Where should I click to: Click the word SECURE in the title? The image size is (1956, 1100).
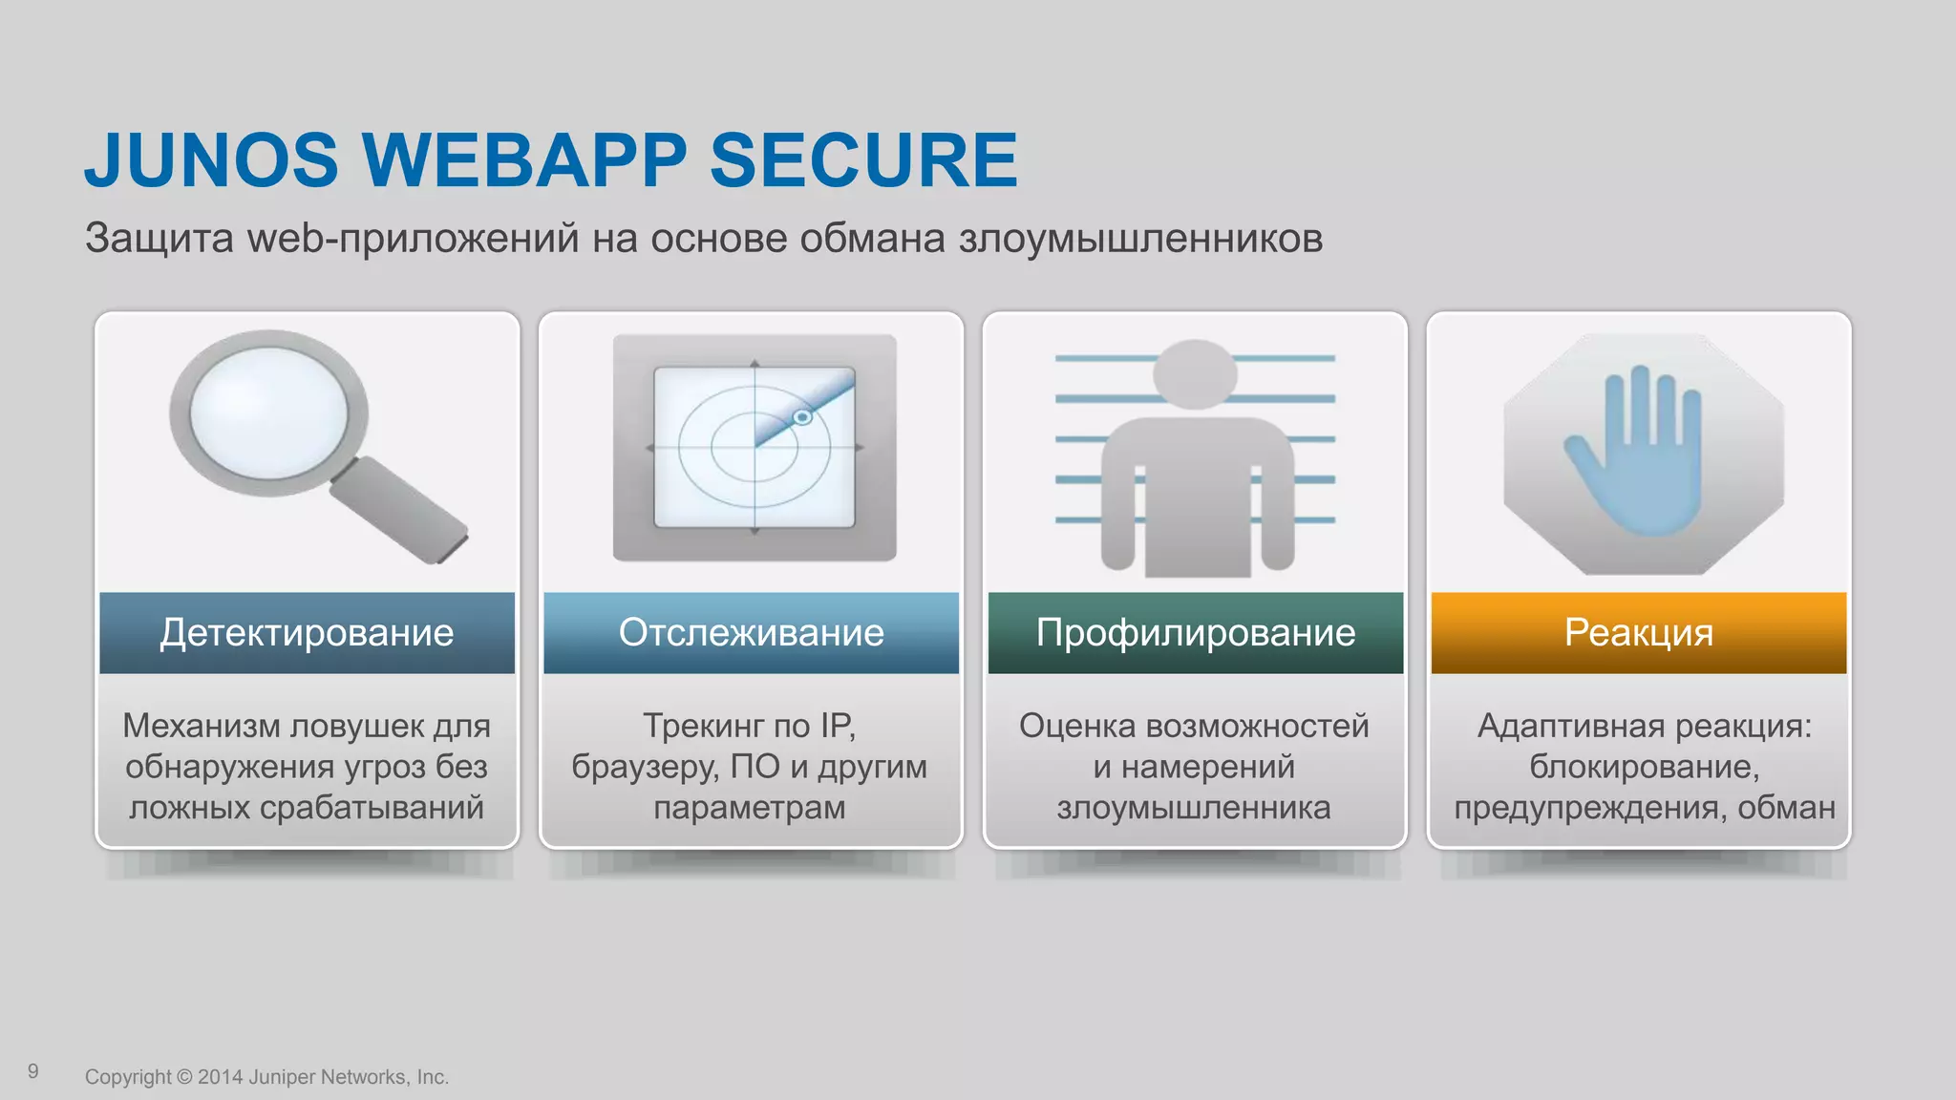pyautogui.click(x=863, y=159)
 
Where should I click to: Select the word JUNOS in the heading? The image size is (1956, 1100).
pyautogui.click(x=211, y=159)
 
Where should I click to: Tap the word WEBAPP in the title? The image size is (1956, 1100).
pyautogui.click(x=523, y=159)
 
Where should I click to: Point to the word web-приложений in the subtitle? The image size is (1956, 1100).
pyautogui.click(x=413, y=239)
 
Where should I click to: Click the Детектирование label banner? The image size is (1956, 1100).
pyautogui.click(x=307, y=633)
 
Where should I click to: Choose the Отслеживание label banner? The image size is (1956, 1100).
pyautogui.click(x=751, y=633)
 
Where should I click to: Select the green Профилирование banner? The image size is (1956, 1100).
pyautogui.click(x=1195, y=633)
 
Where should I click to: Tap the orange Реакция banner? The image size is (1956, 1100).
pyautogui.click(x=1638, y=633)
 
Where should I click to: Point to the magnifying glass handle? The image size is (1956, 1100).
pyautogui.click(x=400, y=511)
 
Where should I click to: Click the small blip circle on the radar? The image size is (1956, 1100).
pyautogui.click(x=802, y=417)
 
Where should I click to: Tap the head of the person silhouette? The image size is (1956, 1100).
pyautogui.click(x=1195, y=373)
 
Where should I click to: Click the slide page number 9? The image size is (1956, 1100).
pyautogui.click(x=33, y=1071)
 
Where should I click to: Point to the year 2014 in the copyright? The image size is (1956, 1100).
pyautogui.click(x=221, y=1077)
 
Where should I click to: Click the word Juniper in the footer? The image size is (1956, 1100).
pyautogui.click(x=282, y=1077)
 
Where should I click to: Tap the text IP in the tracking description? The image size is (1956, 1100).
pyautogui.click(x=837, y=726)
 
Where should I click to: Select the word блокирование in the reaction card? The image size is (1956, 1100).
pyautogui.click(x=1644, y=767)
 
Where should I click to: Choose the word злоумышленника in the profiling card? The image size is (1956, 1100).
pyautogui.click(x=1194, y=808)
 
